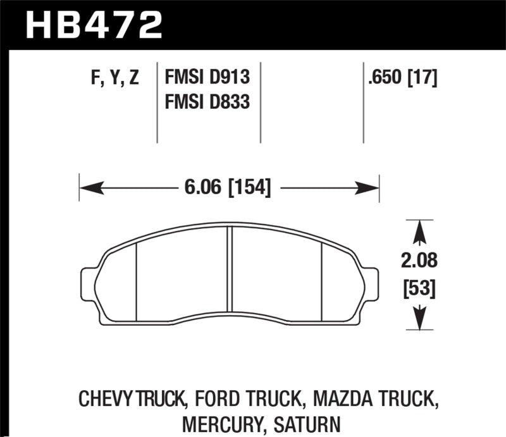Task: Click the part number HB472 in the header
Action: [94, 25]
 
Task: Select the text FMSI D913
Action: [207, 78]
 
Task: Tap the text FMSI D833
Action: [207, 101]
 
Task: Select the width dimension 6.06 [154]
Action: [229, 188]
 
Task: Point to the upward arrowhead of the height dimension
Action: [418, 231]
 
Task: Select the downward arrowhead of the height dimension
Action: [418, 319]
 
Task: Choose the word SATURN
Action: [306, 422]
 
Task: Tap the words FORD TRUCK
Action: [250, 398]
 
